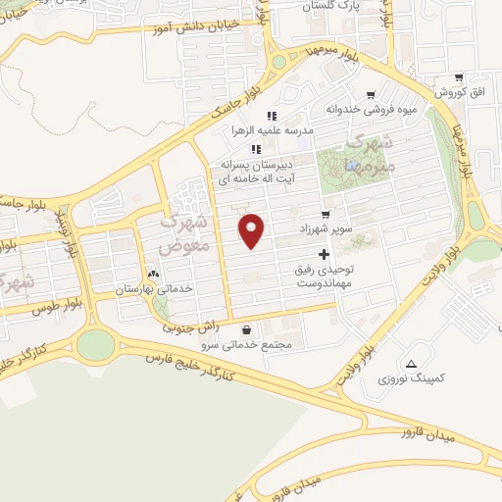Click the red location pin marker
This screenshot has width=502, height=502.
(x=252, y=229)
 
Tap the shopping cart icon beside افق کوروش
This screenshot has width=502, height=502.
(x=458, y=78)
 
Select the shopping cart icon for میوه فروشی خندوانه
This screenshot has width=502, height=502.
(x=370, y=95)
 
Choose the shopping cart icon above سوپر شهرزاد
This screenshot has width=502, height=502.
(x=326, y=214)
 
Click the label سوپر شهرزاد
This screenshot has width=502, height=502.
(x=326, y=227)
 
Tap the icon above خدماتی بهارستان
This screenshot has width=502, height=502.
(x=152, y=274)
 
